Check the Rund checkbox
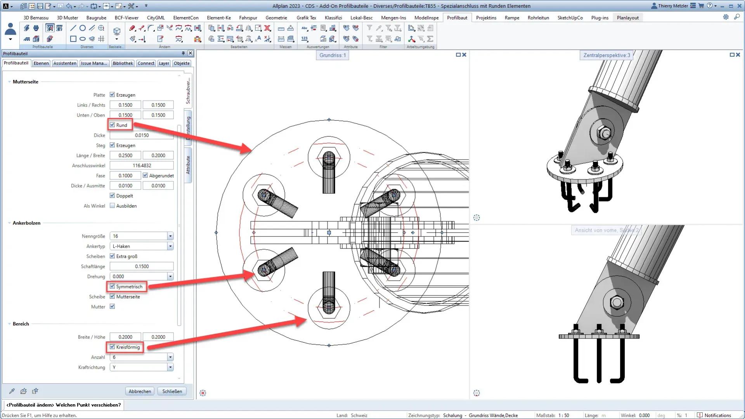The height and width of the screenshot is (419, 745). pyautogui.click(x=113, y=125)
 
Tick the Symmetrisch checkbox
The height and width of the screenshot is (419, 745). pyautogui.click(x=113, y=287)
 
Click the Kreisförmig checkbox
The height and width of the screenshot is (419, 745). pyautogui.click(x=113, y=347)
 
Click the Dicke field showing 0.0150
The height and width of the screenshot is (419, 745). pyautogui.click(x=142, y=135)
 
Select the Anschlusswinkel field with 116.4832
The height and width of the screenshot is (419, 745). pyautogui.click(x=142, y=165)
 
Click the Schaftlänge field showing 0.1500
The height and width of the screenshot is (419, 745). pyautogui.click(x=142, y=266)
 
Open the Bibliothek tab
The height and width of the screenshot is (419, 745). pyautogui.click(x=123, y=63)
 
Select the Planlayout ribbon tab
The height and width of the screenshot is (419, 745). pyautogui.click(x=627, y=17)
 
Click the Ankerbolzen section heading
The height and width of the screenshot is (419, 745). pyautogui.click(x=26, y=223)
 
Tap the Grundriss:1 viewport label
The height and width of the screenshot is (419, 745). pyautogui.click(x=333, y=55)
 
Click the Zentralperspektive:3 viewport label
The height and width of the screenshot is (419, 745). pyautogui.click(x=606, y=55)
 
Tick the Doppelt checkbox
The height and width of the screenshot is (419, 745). pyautogui.click(x=113, y=196)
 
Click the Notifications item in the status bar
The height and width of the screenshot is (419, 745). pyautogui.click(x=717, y=415)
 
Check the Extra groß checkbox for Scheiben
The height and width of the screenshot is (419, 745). pyautogui.click(x=113, y=256)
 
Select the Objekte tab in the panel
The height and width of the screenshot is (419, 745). pyautogui.click(x=182, y=63)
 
